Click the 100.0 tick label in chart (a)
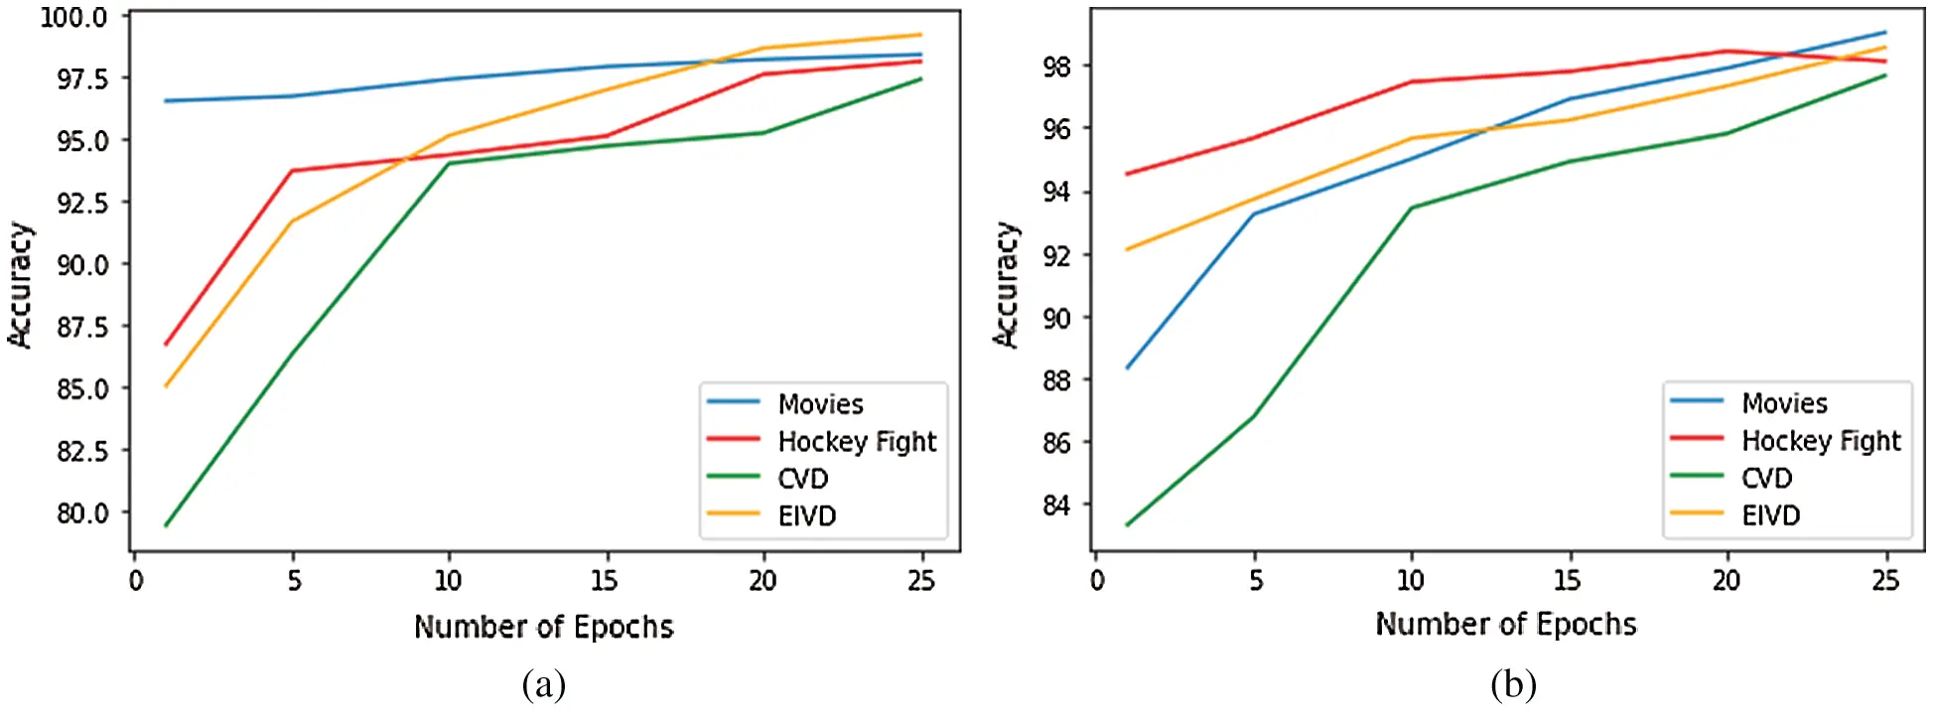coord(73,17)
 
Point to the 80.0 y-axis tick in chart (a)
coord(82,512)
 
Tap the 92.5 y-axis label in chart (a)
coord(82,203)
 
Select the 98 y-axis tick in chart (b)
coord(1056,67)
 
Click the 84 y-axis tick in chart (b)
coord(1056,505)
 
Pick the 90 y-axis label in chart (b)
coord(1056,318)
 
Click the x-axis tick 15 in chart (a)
coord(604,580)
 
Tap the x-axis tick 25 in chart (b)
coord(1884,580)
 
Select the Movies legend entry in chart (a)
coord(820,404)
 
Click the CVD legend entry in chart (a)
coord(802,479)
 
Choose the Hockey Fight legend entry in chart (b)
coord(1820,441)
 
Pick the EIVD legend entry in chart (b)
coord(1770,515)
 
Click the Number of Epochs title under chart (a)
coord(543,627)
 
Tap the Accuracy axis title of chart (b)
coord(1006,284)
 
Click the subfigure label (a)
coord(543,684)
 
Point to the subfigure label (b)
coord(1512,684)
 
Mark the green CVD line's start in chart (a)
coord(166,525)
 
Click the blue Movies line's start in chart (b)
coord(1127,368)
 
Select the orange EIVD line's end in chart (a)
coord(920,35)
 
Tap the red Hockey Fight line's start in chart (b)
coord(1127,174)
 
